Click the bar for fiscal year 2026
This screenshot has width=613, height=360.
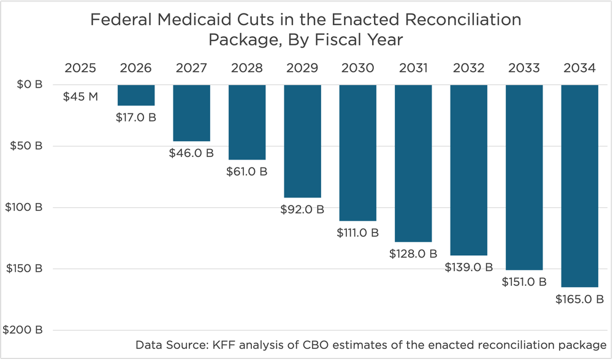pos(136,95)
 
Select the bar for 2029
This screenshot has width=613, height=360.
pos(302,141)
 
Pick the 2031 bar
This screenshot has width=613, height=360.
pos(413,163)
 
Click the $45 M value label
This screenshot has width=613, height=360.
pos(80,96)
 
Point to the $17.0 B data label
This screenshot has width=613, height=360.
pos(136,117)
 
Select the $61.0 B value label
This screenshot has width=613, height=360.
pos(247,171)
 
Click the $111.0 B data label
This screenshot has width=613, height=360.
pos(358,232)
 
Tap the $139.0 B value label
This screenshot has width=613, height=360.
pos(469,267)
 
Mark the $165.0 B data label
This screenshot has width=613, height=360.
pos(579,299)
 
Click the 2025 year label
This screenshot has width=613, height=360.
pos(80,67)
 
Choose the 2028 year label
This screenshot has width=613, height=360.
pos(247,67)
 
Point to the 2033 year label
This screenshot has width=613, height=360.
pos(524,67)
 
